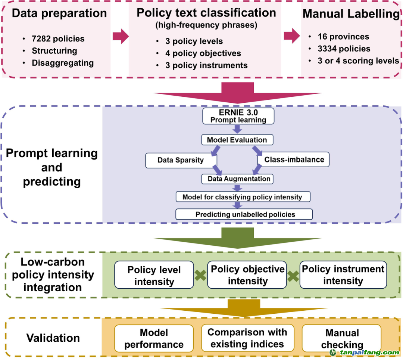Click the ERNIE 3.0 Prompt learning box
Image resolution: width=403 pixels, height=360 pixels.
click(238, 116)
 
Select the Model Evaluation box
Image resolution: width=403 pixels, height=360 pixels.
click(237, 140)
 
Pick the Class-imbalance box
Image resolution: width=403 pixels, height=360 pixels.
click(294, 160)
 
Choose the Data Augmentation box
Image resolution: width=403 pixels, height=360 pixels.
click(239, 179)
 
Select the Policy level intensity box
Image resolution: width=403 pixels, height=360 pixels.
click(154, 275)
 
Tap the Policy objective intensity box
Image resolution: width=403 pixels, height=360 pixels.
click(247, 275)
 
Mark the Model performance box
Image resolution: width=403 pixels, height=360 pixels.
click(154, 338)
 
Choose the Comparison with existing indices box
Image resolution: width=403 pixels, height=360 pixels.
click(247, 338)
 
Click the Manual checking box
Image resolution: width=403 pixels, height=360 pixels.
click(342, 338)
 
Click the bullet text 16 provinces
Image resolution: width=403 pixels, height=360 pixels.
click(343, 37)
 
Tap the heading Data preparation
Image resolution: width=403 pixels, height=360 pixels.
click(59, 13)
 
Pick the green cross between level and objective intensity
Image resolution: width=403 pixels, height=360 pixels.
click(200, 276)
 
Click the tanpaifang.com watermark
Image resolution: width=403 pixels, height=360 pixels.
click(364, 353)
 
